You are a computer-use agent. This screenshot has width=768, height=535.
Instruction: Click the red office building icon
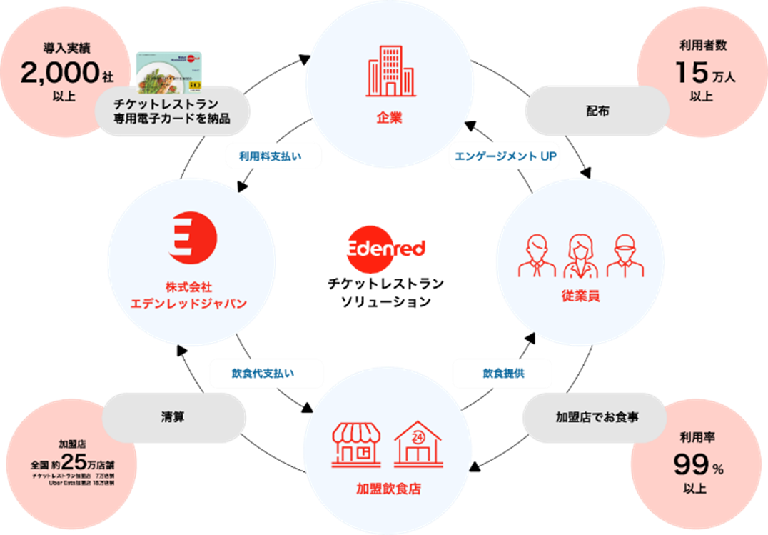click(x=390, y=71)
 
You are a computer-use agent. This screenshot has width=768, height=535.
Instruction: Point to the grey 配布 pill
click(x=596, y=111)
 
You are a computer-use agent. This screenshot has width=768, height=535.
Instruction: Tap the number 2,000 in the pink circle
click(x=59, y=73)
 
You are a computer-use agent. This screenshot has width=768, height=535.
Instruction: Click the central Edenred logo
click(x=386, y=249)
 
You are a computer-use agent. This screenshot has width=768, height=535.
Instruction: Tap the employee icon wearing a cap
click(x=625, y=255)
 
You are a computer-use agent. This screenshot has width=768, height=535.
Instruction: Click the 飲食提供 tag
click(x=502, y=373)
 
